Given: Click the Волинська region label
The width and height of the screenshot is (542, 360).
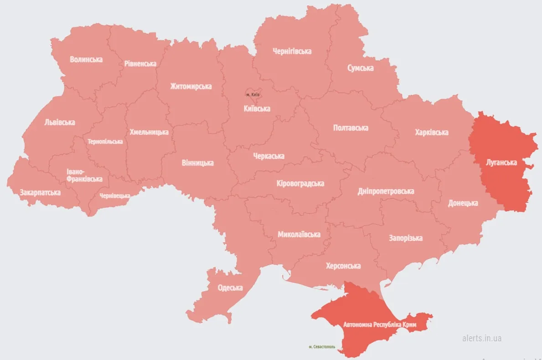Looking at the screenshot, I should pyautogui.click(x=86, y=59).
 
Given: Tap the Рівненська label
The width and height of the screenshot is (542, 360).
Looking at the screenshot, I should pyautogui.click(x=140, y=64).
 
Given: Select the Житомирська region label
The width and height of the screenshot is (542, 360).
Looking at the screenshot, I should pyautogui.click(x=191, y=86).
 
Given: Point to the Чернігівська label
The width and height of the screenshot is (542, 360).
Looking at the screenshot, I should pyautogui.click(x=292, y=51).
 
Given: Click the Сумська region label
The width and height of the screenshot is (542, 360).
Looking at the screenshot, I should pyautogui.click(x=360, y=68).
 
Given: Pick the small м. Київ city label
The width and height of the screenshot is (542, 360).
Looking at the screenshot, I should pyautogui.click(x=253, y=94).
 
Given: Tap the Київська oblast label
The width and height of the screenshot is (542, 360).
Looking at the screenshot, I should pyautogui.click(x=257, y=108).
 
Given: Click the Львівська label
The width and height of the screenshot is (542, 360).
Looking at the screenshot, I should pyautogui.click(x=60, y=122).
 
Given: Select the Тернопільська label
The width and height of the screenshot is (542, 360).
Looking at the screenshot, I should pyautogui.click(x=105, y=141).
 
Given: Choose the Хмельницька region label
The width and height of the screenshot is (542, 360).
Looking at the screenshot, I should pyautogui.click(x=149, y=132).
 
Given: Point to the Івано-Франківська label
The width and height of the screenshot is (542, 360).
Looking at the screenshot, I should pyautogui.click(x=84, y=175).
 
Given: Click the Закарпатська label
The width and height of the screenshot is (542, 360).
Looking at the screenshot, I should pyautogui.click(x=40, y=192).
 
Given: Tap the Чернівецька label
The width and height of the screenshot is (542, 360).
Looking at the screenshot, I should pyautogui.click(x=115, y=196).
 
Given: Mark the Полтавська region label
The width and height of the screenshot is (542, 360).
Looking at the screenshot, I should pyautogui.click(x=351, y=128).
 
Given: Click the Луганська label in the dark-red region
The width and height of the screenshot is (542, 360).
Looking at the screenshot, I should pyautogui.click(x=501, y=162).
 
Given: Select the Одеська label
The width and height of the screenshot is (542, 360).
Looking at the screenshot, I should pyautogui.click(x=230, y=288).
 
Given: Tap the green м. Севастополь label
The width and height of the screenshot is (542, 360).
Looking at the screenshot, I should pyautogui.click(x=322, y=347).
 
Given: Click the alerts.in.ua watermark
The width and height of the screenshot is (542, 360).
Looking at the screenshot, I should pyautogui.click(x=482, y=338).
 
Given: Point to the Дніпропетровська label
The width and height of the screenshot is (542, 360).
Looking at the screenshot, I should pyautogui.click(x=386, y=191).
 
